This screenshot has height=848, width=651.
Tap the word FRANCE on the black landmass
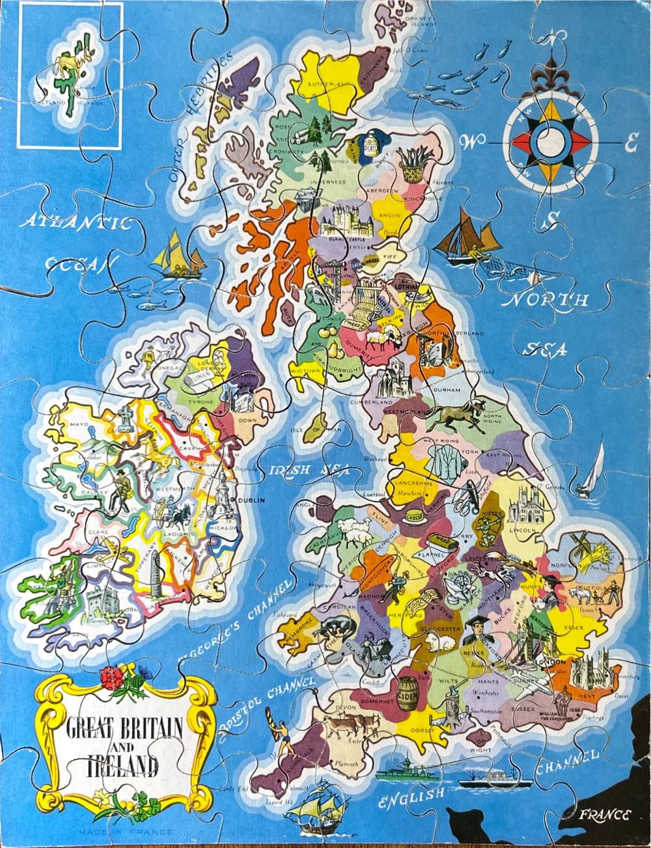tap(605, 815)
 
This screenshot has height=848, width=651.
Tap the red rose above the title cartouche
tap(112, 678)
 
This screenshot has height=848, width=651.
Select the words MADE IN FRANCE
tap(126, 832)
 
